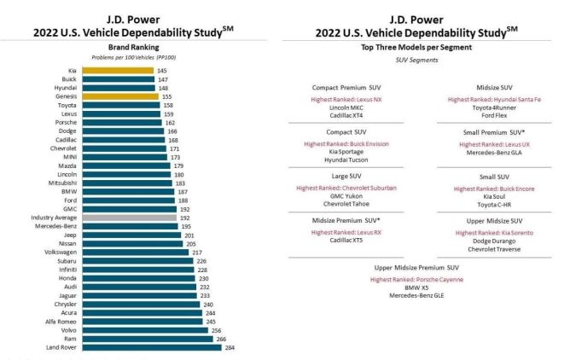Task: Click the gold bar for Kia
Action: pyautogui.click(x=129, y=70)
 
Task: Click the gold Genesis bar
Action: pyautogui.click(x=131, y=98)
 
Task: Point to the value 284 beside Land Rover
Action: pyautogui.click(x=228, y=347)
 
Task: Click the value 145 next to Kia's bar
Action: pyautogui.click(x=161, y=70)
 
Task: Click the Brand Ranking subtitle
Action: pyautogui.click(x=129, y=48)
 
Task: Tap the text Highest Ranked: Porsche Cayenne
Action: pyautogui.click(x=424, y=278)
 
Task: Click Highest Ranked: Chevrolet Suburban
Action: pyautogui.click(x=346, y=188)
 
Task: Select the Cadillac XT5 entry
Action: pyautogui.click(x=346, y=241)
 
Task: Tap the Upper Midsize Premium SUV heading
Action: pyautogui.click(x=424, y=267)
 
